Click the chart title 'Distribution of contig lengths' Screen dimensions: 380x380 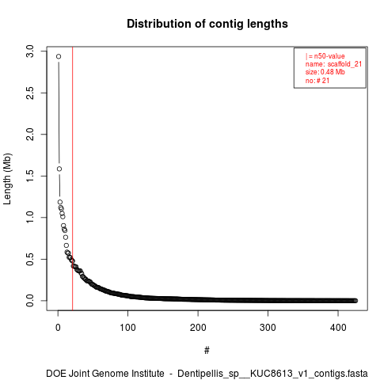(207, 24)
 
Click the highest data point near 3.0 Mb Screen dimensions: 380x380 (59, 56)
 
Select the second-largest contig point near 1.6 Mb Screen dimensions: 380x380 (59, 169)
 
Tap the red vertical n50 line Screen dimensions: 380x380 (72, 178)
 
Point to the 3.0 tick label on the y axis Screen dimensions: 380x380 (30, 51)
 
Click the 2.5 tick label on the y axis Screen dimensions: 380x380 (30, 93)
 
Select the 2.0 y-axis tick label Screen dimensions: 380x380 (30, 135)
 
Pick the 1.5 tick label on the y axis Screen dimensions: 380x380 (30, 176)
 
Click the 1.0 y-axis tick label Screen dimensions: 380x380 (30, 218)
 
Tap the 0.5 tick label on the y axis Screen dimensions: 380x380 (30, 259)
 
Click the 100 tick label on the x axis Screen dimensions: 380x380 (127, 328)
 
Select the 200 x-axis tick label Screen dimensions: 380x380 (198, 328)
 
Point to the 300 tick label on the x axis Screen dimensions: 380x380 (268, 328)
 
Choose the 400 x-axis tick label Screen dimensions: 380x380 (338, 328)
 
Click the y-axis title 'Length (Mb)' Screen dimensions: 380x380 (7, 179)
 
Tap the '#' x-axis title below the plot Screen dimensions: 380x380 (207, 351)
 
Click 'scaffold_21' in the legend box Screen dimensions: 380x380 (344, 64)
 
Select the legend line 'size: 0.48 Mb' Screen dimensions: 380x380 (325, 72)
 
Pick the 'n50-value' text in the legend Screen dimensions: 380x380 (329, 56)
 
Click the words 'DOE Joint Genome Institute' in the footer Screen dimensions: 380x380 (105, 374)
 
